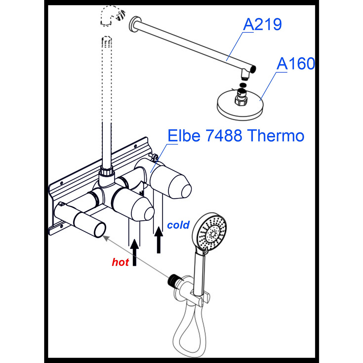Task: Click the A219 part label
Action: click(x=262, y=25)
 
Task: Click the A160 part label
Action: click(x=296, y=64)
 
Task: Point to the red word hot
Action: click(x=120, y=262)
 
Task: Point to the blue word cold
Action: click(x=178, y=225)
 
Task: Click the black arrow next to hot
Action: click(x=134, y=252)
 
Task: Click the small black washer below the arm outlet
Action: click(x=243, y=85)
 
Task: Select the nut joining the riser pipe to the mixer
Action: click(x=107, y=171)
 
